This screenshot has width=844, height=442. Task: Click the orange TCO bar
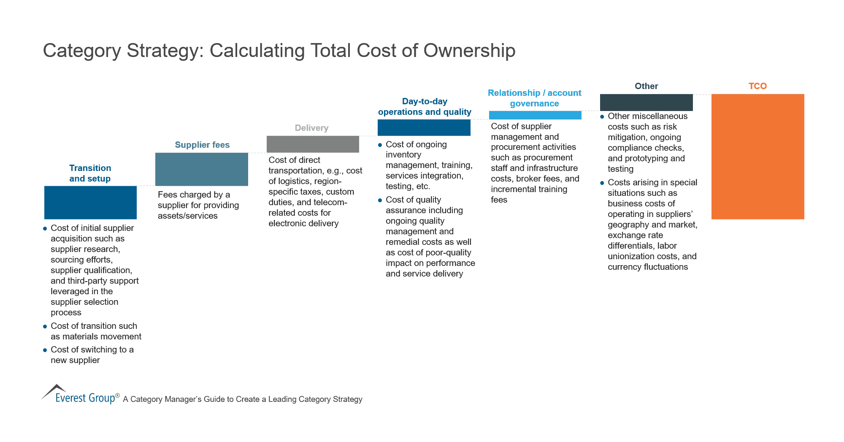tap(757, 156)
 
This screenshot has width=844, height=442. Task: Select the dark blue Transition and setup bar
tap(90, 202)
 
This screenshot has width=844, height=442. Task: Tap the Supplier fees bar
tap(202, 169)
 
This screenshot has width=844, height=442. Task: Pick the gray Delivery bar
tap(313, 144)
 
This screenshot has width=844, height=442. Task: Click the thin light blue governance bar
tap(535, 115)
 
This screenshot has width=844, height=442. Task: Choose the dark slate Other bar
tap(646, 102)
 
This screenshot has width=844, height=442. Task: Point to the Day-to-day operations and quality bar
tap(424, 127)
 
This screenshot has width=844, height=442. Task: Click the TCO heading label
tap(757, 86)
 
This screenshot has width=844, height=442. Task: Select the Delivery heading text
tap(311, 128)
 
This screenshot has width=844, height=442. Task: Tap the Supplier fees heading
tap(202, 145)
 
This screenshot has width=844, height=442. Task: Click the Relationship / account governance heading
tap(534, 98)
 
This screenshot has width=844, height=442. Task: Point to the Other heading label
tap(646, 86)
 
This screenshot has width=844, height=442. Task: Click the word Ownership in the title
tap(469, 51)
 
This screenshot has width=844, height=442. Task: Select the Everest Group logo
tap(80, 395)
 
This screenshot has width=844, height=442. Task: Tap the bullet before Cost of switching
tap(45, 350)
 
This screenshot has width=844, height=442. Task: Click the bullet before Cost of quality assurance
tap(380, 200)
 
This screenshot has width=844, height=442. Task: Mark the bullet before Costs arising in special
tap(602, 183)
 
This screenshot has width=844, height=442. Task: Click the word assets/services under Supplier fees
tap(187, 216)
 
